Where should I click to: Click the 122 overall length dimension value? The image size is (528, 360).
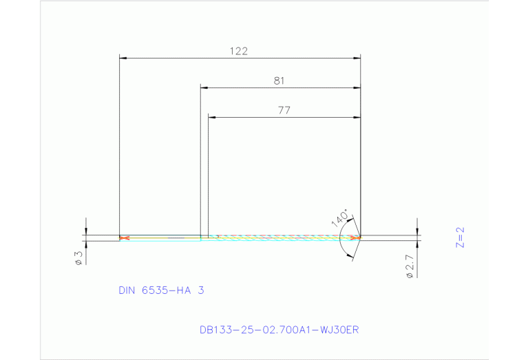tap(239, 51)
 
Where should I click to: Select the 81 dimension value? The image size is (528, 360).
tap(279, 81)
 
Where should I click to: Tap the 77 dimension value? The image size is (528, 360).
tap(283, 110)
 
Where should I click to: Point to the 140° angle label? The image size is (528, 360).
tap(340, 216)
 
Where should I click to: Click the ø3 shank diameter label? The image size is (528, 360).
tap(78, 257)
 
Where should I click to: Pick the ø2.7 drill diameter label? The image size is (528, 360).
tap(409, 266)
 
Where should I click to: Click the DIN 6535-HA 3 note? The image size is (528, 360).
tap(161, 290)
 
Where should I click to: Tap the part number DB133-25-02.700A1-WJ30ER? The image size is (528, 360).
tap(279, 330)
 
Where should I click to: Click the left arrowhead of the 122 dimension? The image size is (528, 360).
tap(123, 59)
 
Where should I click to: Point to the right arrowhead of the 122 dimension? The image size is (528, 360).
tap(357, 59)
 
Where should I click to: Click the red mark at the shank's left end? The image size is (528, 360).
tap(124, 238)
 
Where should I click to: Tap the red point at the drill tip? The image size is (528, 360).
tap(356, 238)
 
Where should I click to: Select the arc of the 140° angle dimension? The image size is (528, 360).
tap(341, 239)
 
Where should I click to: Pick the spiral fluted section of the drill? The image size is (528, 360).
tap(282, 238)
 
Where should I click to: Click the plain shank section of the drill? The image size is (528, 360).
tap(162, 238)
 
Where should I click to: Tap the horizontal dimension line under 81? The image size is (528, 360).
tap(279, 88)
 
